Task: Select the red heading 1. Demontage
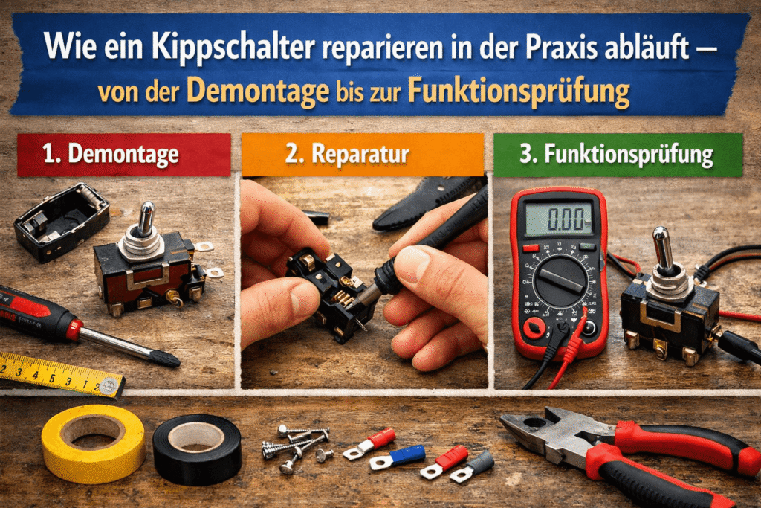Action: tap(123, 155)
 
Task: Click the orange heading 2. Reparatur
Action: tap(363, 155)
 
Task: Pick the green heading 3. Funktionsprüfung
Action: tap(618, 155)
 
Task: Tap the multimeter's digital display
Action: tap(559, 219)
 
